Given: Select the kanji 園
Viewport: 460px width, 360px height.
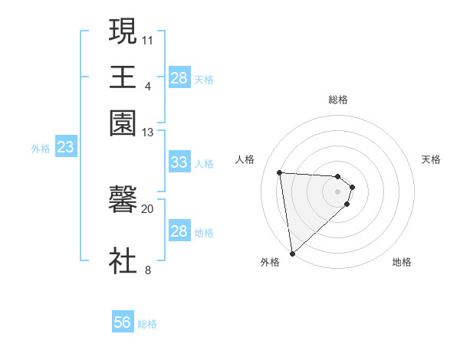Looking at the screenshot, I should (x=123, y=121).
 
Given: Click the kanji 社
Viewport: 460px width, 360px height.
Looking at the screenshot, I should (x=123, y=260).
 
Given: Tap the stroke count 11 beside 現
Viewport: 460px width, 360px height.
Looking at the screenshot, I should (x=148, y=38).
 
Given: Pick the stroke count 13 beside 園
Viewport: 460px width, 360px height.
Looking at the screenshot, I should (x=148, y=132).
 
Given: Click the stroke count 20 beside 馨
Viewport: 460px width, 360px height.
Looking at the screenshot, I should (x=148, y=208).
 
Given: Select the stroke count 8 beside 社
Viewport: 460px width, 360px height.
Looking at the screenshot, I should (x=148, y=270).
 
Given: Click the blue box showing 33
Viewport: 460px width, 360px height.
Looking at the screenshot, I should (x=179, y=162).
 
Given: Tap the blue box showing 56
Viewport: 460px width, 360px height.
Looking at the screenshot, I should (x=122, y=323).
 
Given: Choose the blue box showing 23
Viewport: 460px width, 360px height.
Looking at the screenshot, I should (x=65, y=148).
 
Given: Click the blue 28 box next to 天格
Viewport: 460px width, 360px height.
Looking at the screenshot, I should (x=179, y=78).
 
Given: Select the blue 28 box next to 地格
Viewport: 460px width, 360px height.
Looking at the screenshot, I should (x=179, y=231).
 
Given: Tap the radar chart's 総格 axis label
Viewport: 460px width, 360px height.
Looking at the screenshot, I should (x=338, y=100).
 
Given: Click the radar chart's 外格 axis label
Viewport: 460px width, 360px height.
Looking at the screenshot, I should (x=270, y=263).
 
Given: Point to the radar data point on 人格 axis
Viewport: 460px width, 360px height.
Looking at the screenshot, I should (x=280, y=172).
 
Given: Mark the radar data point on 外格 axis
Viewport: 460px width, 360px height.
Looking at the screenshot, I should (x=292, y=253).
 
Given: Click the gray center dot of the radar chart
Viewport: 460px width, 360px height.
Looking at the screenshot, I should (x=338, y=191).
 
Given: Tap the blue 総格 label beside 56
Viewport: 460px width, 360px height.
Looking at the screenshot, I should (x=147, y=324).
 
